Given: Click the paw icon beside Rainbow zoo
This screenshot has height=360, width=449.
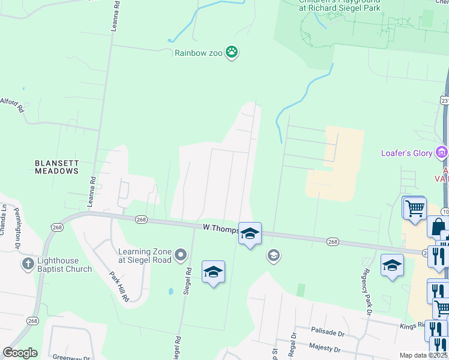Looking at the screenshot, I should click(x=232, y=53).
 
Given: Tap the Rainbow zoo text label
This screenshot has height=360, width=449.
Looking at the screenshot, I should click(x=199, y=53).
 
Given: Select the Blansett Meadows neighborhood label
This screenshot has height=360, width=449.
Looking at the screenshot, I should click(x=56, y=167).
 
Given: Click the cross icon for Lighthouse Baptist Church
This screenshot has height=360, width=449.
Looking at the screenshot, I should click(x=28, y=263).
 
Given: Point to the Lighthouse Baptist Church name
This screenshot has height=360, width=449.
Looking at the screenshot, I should click(x=65, y=265).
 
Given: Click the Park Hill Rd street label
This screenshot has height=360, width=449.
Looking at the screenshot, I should click(x=119, y=286).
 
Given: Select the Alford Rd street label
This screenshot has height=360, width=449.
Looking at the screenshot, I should click(x=12, y=106).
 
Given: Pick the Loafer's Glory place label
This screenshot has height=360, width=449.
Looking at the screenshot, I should click(x=406, y=153).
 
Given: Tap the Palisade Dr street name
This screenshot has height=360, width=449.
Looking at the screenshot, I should click(x=327, y=331).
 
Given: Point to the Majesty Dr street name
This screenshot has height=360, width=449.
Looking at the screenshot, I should click(x=324, y=347).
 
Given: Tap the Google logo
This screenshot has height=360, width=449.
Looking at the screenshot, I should click(x=20, y=353).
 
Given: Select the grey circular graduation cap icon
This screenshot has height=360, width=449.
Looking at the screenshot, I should click(x=273, y=256).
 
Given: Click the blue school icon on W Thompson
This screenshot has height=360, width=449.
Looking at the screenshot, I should click(x=250, y=233).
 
